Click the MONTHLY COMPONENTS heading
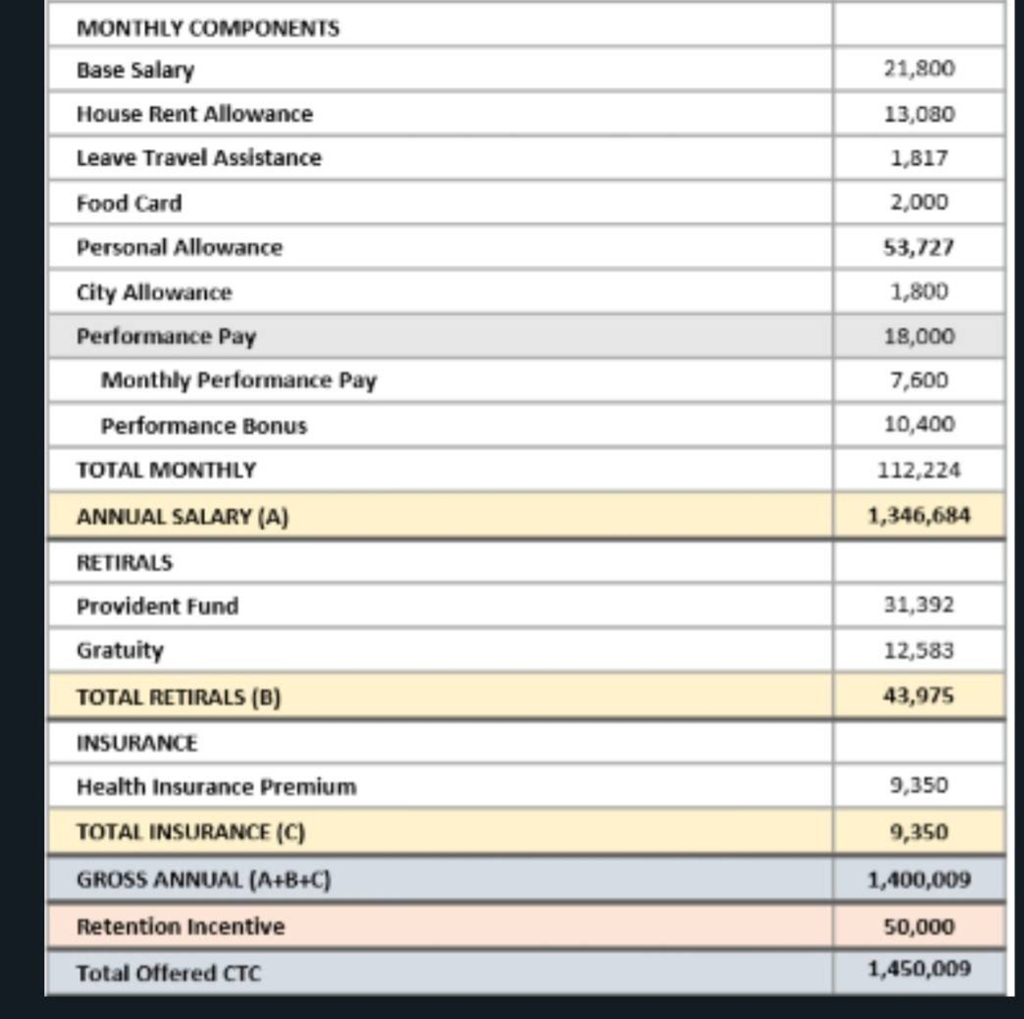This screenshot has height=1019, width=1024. (x=208, y=28)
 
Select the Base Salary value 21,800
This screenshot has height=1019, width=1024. (x=919, y=68)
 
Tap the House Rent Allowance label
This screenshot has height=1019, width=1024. (x=194, y=114)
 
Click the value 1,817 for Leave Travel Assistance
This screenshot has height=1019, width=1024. (x=919, y=158)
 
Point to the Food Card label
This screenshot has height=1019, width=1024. (x=129, y=203)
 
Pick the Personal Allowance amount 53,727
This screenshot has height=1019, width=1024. (x=918, y=247)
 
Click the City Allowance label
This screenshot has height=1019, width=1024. (x=154, y=292)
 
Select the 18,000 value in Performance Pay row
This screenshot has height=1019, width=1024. (x=919, y=336)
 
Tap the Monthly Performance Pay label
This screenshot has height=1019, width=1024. (x=238, y=380)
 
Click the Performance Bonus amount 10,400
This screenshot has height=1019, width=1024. (x=919, y=424)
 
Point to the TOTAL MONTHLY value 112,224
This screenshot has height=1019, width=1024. (x=918, y=470)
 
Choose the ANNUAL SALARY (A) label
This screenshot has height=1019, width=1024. (x=182, y=516)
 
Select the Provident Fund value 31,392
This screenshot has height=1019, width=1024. (x=918, y=604)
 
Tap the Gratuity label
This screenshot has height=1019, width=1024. (x=120, y=650)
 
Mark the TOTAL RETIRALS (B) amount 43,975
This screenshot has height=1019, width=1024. (x=918, y=696)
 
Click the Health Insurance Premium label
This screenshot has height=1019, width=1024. (x=216, y=787)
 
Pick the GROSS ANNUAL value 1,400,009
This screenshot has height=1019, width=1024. (x=918, y=880)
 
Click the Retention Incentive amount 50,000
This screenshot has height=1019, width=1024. (x=918, y=927)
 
